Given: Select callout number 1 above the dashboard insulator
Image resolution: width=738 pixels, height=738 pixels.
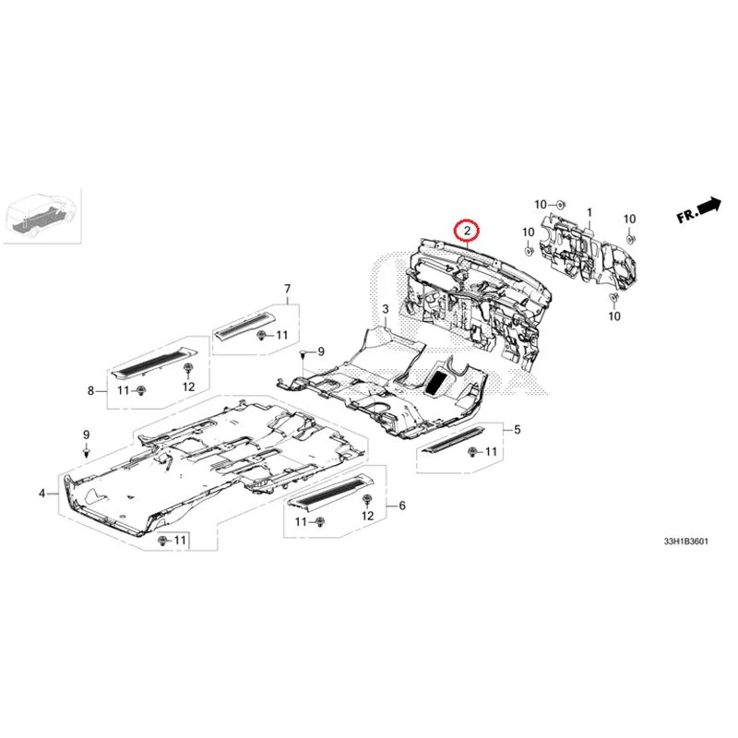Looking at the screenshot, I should (x=588, y=213).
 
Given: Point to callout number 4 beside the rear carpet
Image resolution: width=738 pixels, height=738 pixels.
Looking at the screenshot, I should (x=42, y=494).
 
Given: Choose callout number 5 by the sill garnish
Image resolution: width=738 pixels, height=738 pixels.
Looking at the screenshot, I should (x=518, y=430).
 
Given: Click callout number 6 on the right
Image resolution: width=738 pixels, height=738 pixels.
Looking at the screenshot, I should (x=402, y=506).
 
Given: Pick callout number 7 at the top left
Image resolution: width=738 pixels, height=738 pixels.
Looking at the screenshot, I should (x=286, y=289).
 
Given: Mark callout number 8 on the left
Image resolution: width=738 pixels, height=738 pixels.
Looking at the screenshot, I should (x=91, y=391).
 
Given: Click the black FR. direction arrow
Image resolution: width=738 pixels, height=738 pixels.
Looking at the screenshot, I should (x=698, y=211).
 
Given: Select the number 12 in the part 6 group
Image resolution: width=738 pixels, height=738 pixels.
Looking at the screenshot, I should (x=368, y=516).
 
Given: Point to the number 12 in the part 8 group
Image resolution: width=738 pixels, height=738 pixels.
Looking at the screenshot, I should (x=188, y=387).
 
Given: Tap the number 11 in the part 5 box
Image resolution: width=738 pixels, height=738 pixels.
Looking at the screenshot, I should (x=491, y=452).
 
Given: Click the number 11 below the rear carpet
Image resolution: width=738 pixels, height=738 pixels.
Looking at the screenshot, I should (x=180, y=539).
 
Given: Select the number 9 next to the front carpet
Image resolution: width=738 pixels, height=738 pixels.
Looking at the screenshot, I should (x=322, y=352).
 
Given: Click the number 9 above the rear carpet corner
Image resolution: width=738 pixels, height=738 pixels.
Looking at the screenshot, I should (x=86, y=434).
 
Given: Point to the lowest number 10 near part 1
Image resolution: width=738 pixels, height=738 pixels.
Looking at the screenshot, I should (x=615, y=316).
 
